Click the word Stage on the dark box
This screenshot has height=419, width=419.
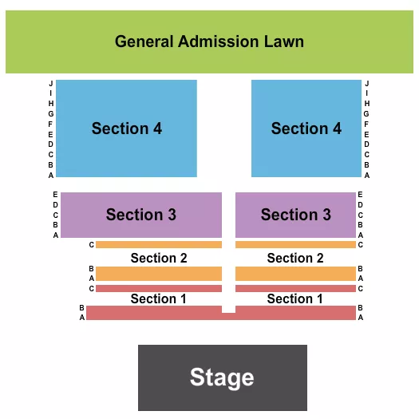click(222, 377)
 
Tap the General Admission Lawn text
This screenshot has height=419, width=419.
click(209, 42)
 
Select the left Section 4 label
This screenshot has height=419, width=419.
click(127, 128)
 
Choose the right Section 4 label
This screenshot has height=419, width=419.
click(306, 128)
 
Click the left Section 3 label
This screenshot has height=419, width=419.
click(141, 215)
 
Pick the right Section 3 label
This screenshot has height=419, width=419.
click(295, 215)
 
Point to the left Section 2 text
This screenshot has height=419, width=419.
click(159, 258)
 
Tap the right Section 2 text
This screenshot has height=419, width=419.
click(295, 258)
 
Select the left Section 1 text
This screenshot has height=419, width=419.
click(159, 298)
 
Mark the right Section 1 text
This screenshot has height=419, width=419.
click(295, 298)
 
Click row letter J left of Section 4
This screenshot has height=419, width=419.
click(51, 83)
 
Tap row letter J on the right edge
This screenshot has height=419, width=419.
click(367, 83)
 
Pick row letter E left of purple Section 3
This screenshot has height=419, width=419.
click(56, 195)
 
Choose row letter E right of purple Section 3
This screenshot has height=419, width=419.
click(361, 195)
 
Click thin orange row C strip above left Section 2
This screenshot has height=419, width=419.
click(159, 244)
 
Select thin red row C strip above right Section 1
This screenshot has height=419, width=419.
click(295, 288)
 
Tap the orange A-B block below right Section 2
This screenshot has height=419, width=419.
click(295, 274)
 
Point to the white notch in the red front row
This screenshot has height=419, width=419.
click(229, 309)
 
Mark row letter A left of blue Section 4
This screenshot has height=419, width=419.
click(51, 175)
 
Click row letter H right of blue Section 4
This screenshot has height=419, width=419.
click(367, 103)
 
